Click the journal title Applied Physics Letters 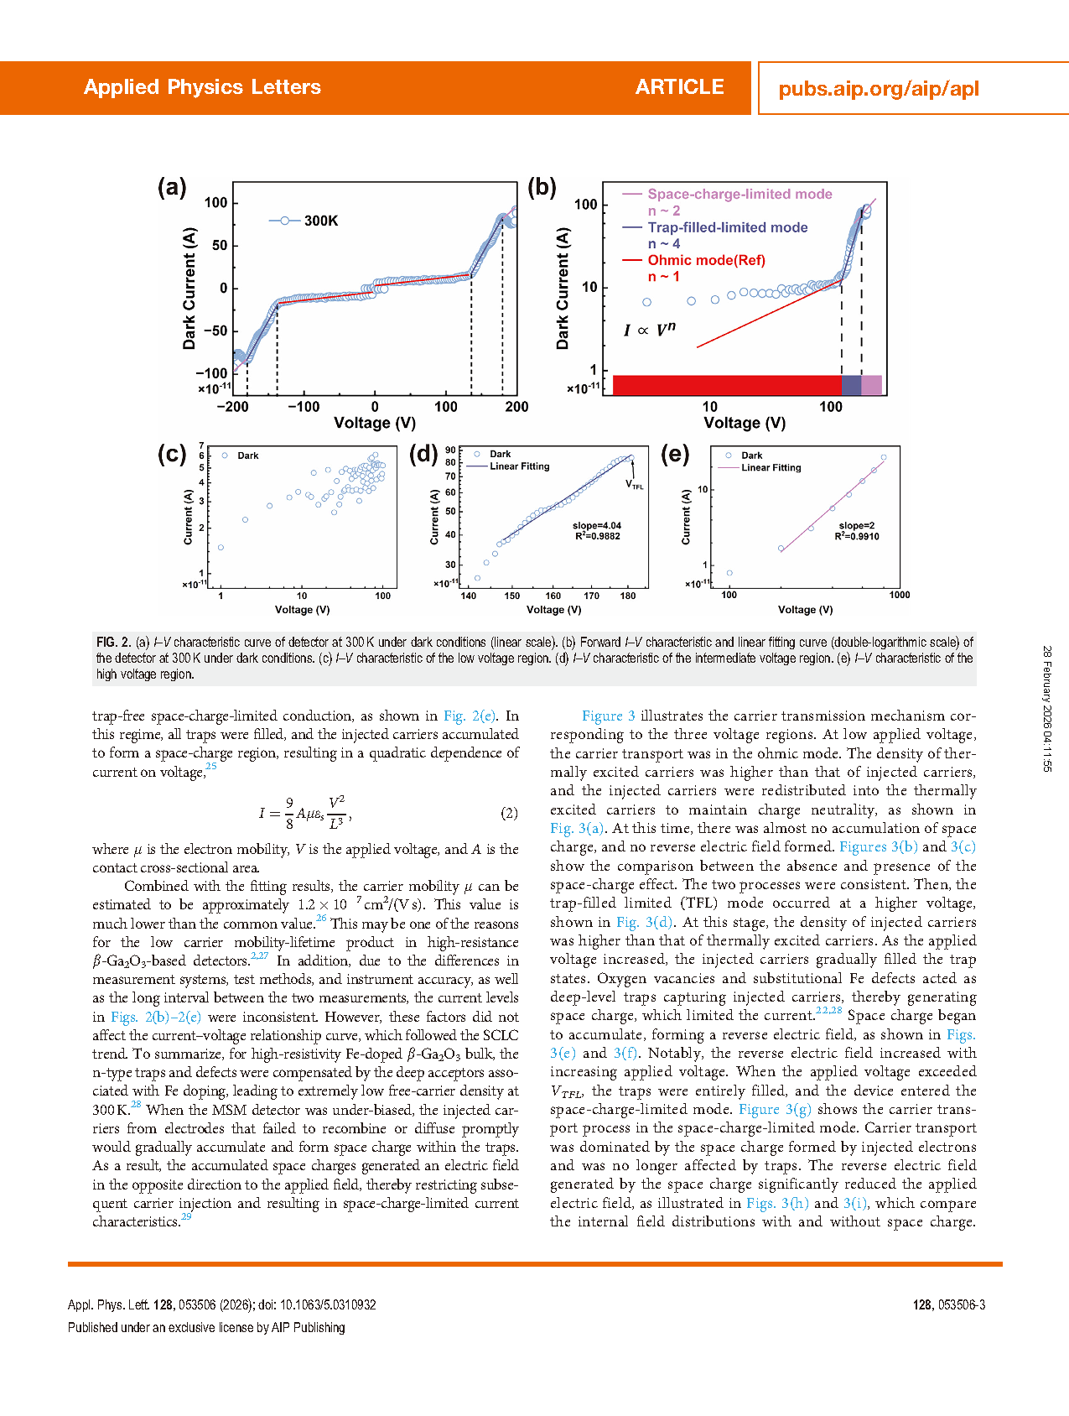[202, 87]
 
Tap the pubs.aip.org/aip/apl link [878, 89]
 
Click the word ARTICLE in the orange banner [679, 87]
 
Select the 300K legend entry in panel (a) [320, 221]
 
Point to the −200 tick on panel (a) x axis [232, 407]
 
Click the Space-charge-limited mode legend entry [739, 194]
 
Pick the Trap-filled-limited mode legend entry [727, 227]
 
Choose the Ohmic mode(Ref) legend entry [706, 260]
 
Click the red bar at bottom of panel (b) [726, 385]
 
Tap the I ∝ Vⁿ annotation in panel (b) [649, 330]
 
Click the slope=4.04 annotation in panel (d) [597, 526]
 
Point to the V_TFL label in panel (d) [635, 485]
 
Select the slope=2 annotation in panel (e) [856, 526]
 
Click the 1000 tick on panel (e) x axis [899, 595]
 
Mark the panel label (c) [172, 454]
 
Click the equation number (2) [509, 813]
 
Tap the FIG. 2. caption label [113, 643]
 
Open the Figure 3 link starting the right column [608, 716]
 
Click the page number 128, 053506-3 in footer [948, 1304]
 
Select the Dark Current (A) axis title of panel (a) [189, 288]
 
